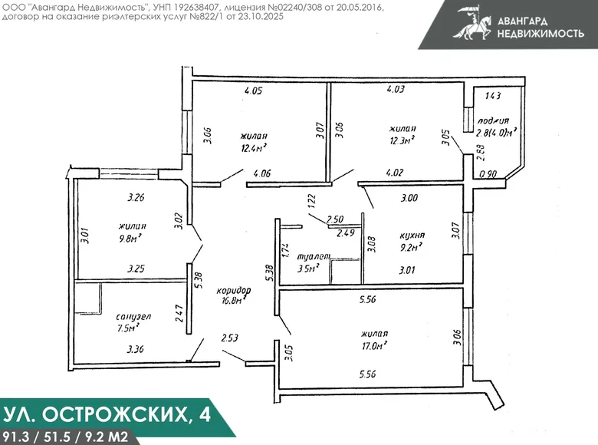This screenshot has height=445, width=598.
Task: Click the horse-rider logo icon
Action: (x=468, y=23)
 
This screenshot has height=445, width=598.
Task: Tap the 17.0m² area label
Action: (x=374, y=346)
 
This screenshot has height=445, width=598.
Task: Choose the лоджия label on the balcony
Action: (x=493, y=120)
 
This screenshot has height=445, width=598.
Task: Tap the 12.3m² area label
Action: (x=402, y=140)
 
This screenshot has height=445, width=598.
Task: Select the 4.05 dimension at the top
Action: (x=253, y=91)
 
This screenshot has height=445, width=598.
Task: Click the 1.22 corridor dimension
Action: (x=312, y=202)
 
